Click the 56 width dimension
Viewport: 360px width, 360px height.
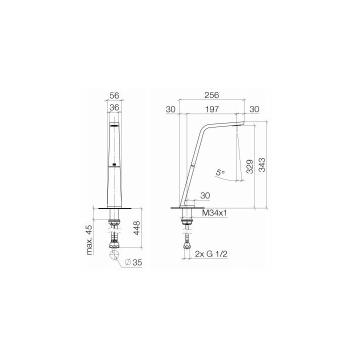tap(114, 95)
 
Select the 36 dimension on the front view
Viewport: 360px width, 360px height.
tap(114, 107)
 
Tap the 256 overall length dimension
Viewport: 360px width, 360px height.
tap(211, 95)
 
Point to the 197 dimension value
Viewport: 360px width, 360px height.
tap(212, 109)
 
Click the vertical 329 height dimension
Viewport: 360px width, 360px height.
tap(250, 166)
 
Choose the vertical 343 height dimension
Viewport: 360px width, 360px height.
tap(261, 164)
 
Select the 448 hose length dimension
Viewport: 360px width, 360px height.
tap(136, 228)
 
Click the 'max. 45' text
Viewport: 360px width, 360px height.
tap(89, 239)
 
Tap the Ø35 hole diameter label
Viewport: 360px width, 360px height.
tap(134, 262)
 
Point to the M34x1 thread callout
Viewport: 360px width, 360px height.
tap(214, 213)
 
